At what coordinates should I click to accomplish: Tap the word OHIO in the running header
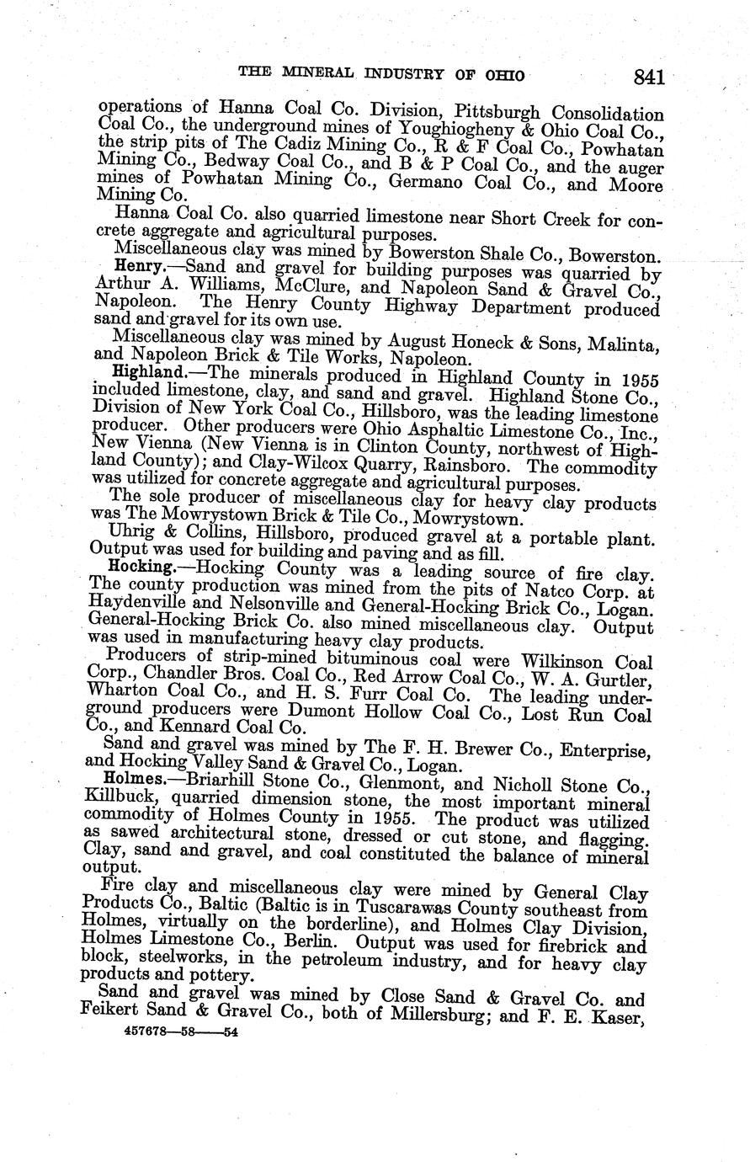pyautogui.click(x=505, y=76)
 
